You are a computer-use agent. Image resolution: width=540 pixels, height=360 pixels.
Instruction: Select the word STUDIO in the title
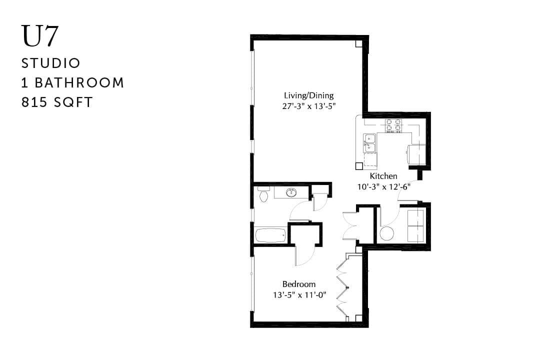pos(51,63)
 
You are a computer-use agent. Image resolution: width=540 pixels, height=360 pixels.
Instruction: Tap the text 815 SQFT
pos(57,102)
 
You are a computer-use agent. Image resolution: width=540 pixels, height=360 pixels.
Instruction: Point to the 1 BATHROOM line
pos(72,83)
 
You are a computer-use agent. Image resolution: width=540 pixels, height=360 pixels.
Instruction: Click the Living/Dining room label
pos(308,95)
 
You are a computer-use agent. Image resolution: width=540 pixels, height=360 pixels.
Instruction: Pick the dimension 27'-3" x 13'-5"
pos(308,105)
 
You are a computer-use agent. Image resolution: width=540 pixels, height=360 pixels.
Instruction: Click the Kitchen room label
pos(383,176)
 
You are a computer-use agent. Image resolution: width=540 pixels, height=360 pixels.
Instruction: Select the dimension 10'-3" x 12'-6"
pos(383,186)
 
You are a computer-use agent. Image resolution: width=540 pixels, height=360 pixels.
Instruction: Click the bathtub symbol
pos(270,235)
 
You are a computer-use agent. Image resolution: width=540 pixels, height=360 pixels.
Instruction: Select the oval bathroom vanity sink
pos(291,192)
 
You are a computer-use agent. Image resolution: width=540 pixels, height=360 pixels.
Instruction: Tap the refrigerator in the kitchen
pos(416,154)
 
